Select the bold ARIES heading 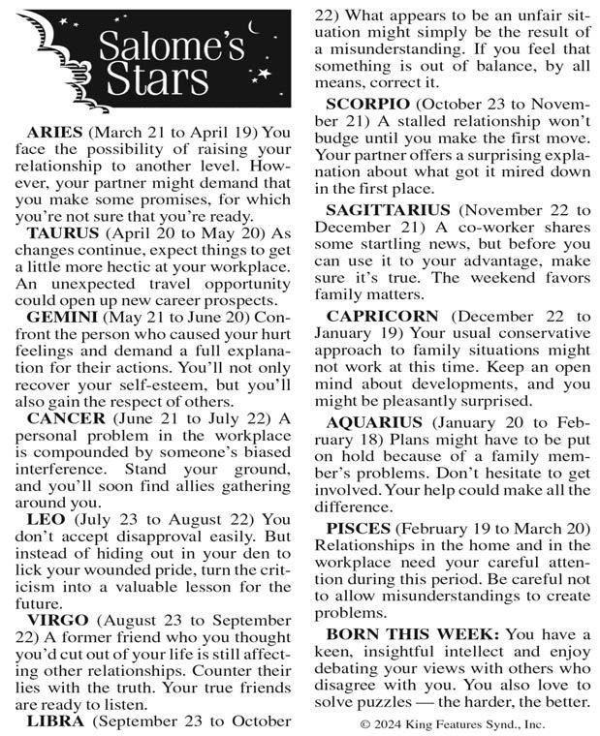tap(61, 132)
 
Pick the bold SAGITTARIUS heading tap(389, 208)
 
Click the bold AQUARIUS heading tap(374, 422)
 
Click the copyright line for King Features tap(452, 722)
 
